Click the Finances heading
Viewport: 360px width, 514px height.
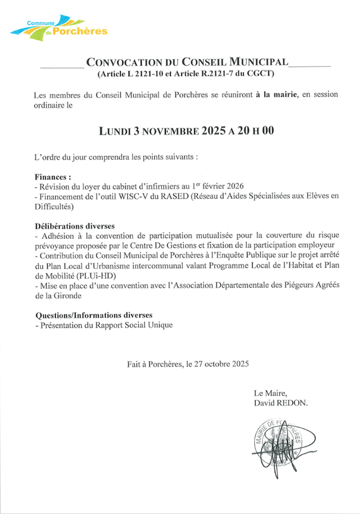(x=53, y=177)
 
